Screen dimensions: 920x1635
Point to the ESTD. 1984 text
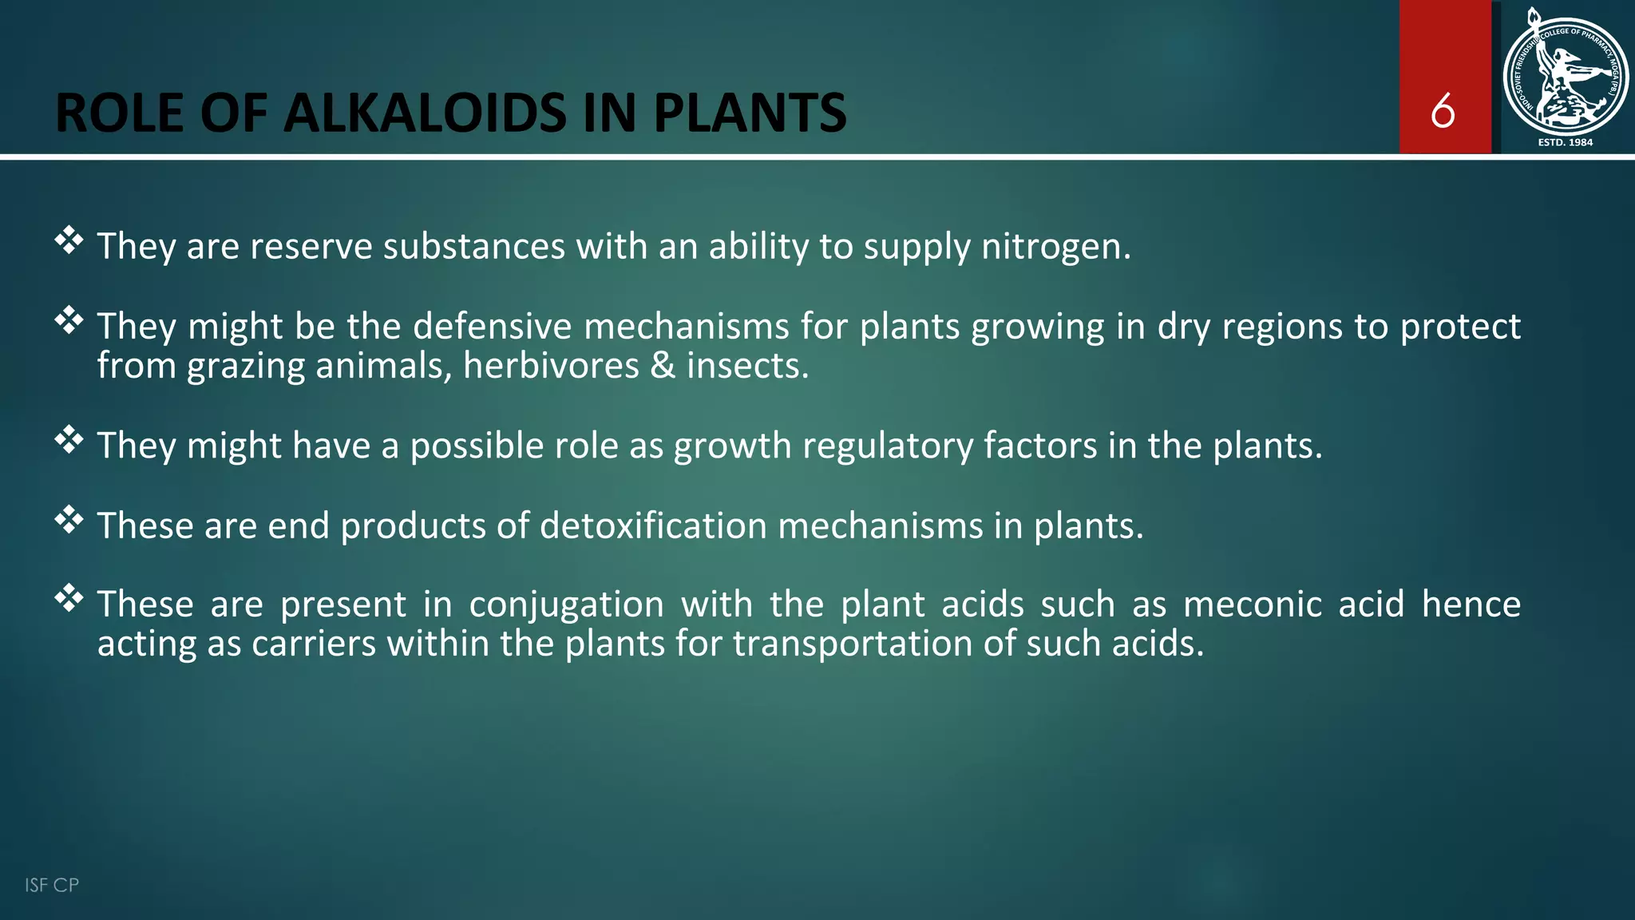(x=1565, y=142)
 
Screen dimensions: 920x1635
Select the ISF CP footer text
(x=52, y=885)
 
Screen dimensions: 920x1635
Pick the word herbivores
(x=551, y=366)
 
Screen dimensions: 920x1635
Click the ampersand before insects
(x=663, y=366)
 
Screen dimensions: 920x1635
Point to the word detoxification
(x=653, y=525)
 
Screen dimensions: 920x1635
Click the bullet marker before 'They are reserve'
(x=69, y=240)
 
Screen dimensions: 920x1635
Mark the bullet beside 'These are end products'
(x=69, y=519)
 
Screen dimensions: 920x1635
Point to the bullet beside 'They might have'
(x=69, y=439)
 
